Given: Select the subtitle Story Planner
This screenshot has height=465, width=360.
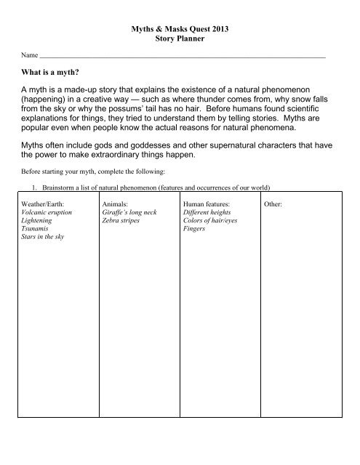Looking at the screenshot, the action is (x=180, y=38).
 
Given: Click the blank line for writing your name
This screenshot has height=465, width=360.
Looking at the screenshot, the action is (x=182, y=56).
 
